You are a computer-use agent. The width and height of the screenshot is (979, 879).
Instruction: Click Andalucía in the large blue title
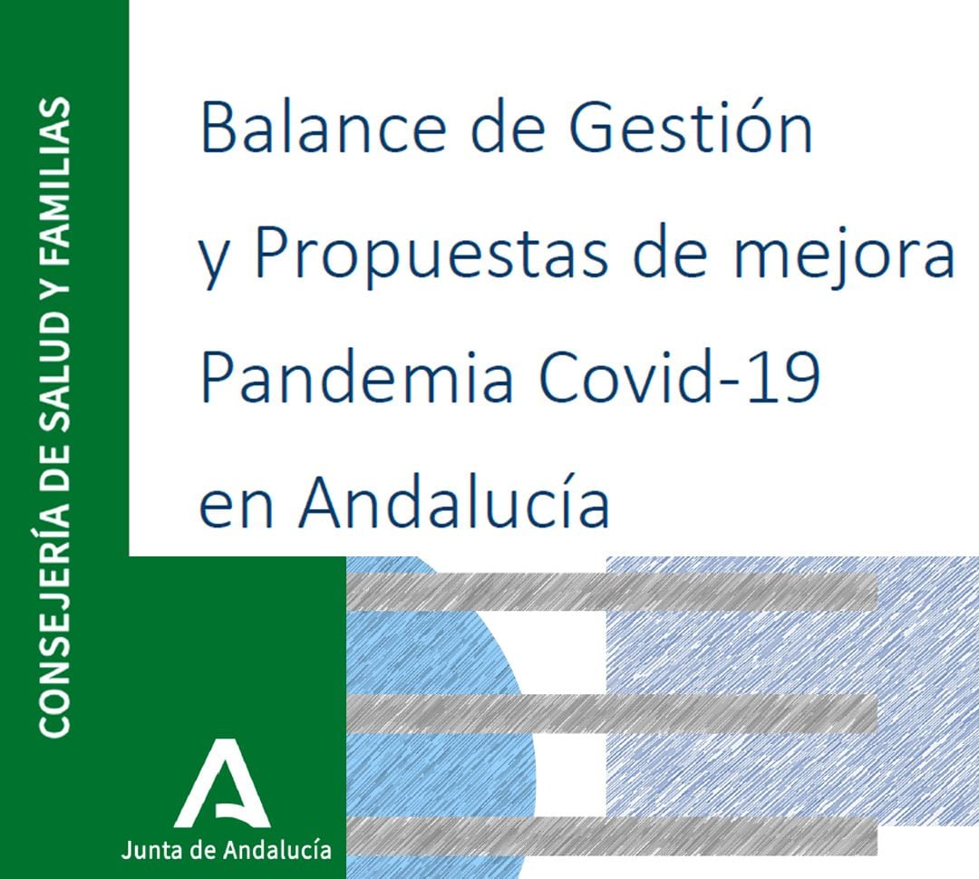[x=454, y=504]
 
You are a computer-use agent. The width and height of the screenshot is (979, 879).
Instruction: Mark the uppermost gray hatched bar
[x=612, y=592]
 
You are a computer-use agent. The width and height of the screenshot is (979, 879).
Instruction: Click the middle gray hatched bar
[x=612, y=713]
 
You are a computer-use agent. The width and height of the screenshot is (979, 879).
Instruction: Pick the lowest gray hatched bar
[x=612, y=835]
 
